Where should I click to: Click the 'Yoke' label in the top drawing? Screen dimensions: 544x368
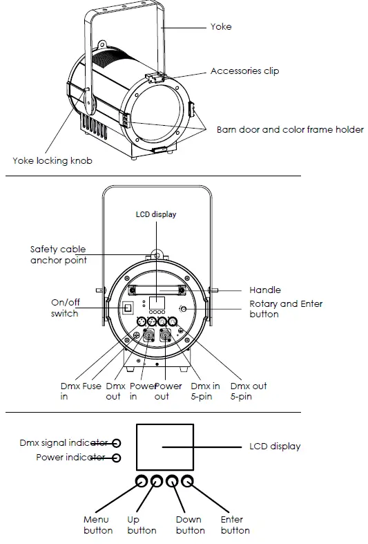(x=220, y=27)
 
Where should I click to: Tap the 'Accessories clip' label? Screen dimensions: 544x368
(x=244, y=71)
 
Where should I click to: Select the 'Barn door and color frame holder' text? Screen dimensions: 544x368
(x=290, y=129)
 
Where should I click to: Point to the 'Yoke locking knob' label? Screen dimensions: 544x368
(x=52, y=160)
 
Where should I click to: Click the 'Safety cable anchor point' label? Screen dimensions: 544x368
(x=58, y=254)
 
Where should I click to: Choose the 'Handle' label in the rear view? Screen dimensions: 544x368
(x=264, y=290)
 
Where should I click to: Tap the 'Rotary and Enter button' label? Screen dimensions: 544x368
(x=285, y=309)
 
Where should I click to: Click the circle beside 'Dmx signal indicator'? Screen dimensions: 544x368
(x=117, y=443)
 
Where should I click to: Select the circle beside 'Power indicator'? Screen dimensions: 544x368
(x=117, y=458)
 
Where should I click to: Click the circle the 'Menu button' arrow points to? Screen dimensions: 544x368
(x=142, y=481)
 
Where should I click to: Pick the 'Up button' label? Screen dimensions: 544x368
(x=142, y=525)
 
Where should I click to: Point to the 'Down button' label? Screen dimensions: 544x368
(x=190, y=525)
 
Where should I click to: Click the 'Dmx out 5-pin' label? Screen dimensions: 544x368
(x=248, y=391)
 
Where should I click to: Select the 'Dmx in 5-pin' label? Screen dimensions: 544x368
(x=206, y=391)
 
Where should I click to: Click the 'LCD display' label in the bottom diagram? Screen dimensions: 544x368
(x=275, y=447)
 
